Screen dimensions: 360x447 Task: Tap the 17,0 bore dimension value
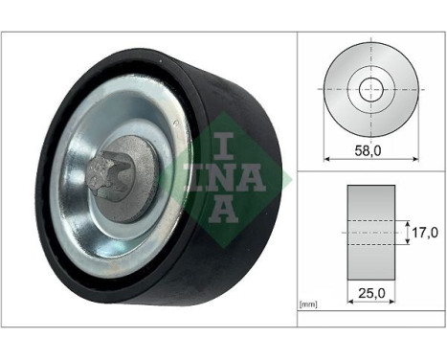pyautogui.click(x=424, y=231)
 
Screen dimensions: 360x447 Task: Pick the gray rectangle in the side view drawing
pyautogui.click(x=369, y=231)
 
